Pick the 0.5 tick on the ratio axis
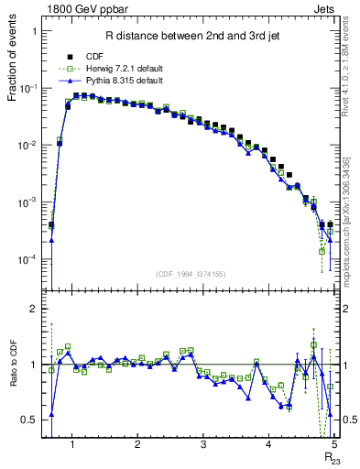27,420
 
